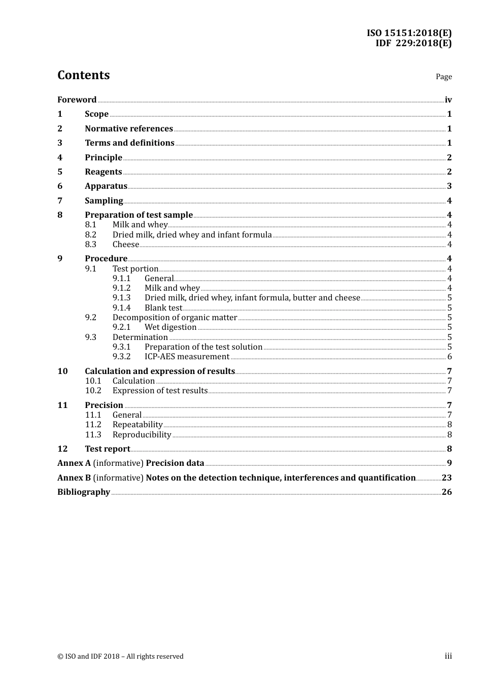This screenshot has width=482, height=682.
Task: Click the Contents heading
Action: [83, 75]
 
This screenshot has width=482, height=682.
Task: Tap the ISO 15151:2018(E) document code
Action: [409, 33]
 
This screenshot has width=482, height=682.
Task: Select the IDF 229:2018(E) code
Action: [413, 43]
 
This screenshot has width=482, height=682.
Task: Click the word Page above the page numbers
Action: [443, 77]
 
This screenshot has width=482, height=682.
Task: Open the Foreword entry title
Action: [77, 100]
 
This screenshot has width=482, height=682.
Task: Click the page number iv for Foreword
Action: [448, 100]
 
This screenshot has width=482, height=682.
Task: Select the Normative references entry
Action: [129, 129]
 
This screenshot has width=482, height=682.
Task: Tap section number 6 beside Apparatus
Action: [60, 186]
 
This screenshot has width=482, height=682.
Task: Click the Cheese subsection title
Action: [126, 245]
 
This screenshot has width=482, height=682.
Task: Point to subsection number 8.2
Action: [91, 235]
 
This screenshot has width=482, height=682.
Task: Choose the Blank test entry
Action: [163, 308]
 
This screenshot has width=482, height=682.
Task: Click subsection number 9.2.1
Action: [122, 327]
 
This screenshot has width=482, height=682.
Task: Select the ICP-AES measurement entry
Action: [187, 357]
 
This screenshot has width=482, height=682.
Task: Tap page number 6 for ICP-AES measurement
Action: [450, 357]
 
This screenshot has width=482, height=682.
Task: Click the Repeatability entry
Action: [137, 425]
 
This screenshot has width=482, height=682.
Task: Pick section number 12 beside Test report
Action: [62, 449]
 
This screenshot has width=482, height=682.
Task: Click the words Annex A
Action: [74, 463]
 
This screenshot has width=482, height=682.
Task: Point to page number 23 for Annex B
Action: [446, 478]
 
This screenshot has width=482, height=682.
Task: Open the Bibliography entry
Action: [84, 492]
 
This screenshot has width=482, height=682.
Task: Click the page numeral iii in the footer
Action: [448, 656]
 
